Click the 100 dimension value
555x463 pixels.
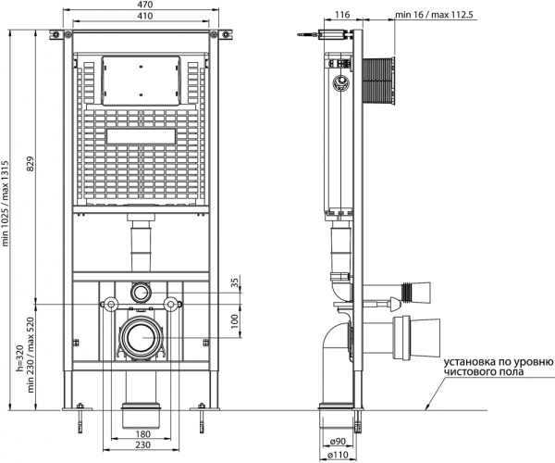coord(235,320)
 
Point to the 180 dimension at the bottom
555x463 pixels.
coord(141,433)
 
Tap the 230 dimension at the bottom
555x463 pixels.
coord(141,445)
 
